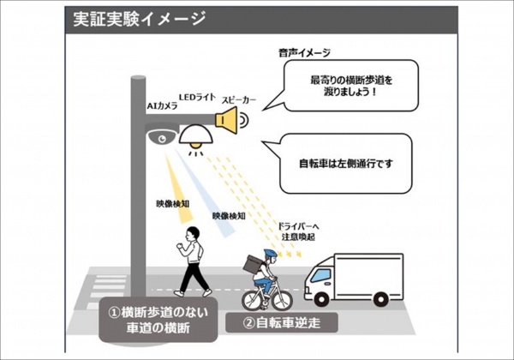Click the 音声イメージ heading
301,51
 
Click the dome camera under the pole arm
161,136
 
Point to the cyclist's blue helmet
269,255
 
